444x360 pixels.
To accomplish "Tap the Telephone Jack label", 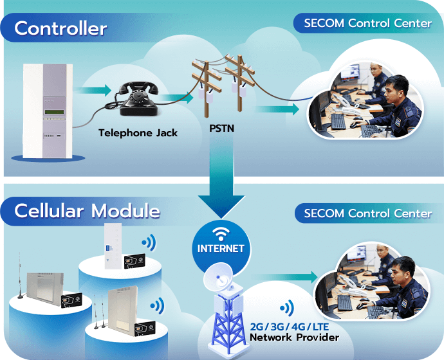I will [x=138, y=133].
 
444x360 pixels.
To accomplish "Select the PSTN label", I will [x=222, y=129].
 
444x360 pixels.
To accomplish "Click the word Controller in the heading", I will [x=60, y=28].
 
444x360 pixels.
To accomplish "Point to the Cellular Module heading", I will [x=87, y=210].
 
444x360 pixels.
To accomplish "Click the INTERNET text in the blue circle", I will [x=221, y=248].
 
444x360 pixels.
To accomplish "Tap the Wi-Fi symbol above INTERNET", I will [x=221, y=232].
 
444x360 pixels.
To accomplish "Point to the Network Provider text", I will [x=294, y=337].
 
